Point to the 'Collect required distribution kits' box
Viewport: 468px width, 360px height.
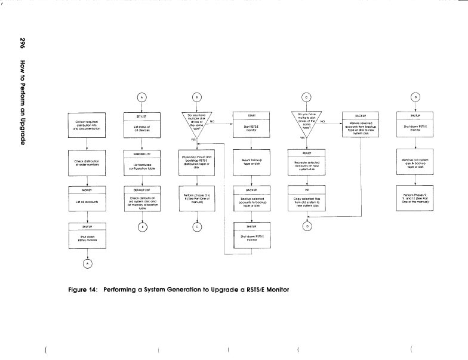pyautogui.click(x=87, y=125)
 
